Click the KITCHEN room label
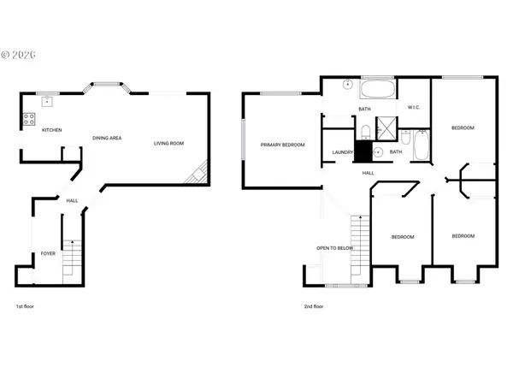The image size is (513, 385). (x=52, y=130)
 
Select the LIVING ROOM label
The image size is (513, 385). (x=168, y=143)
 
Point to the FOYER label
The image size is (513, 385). (x=48, y=253)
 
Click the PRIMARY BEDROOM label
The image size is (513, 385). (x=283, y=145)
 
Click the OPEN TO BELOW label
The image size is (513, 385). (x=335, y=248)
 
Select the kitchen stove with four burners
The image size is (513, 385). (x=29, y=120)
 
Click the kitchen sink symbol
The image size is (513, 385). (x=48, y=102)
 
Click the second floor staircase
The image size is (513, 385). (x=359, y=241)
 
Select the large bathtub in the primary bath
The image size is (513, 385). (x=377, y=91)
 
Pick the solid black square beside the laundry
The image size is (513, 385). (x=363, y=152)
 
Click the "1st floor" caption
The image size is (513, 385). (x=26, y=306)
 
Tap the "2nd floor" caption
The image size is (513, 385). (x=314, y=306)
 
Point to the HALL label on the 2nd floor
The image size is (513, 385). (x=369, y=173)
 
